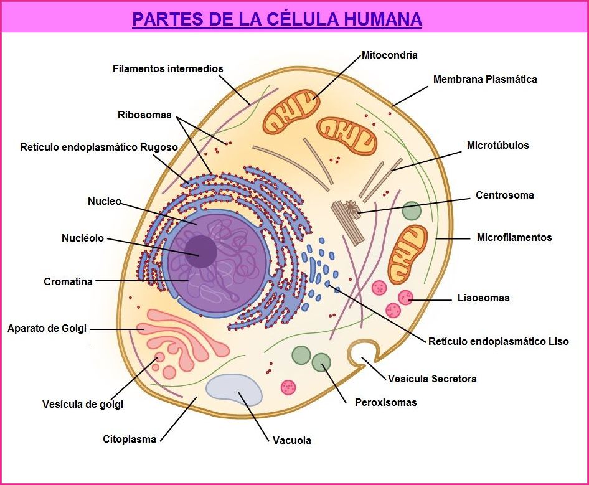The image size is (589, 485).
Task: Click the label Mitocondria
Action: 389,55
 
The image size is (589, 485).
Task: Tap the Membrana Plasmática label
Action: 484,80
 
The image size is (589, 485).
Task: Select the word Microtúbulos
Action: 497,146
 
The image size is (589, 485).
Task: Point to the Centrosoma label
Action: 504,195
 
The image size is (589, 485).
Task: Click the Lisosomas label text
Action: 483,298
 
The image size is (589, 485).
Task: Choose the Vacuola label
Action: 291,441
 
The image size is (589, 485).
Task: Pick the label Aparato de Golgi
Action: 47,328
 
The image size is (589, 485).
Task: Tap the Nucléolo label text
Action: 83,238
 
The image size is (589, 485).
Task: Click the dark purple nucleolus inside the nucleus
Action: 200,252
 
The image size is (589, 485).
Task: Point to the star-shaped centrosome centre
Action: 352,209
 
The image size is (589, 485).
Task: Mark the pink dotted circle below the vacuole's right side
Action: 288,387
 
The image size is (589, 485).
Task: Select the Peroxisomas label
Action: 385,403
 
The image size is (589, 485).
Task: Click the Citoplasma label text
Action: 130,440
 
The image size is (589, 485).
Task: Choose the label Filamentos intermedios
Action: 167,68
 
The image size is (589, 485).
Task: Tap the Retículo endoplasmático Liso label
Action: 498,342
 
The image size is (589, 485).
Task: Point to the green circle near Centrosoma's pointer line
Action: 412,210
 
